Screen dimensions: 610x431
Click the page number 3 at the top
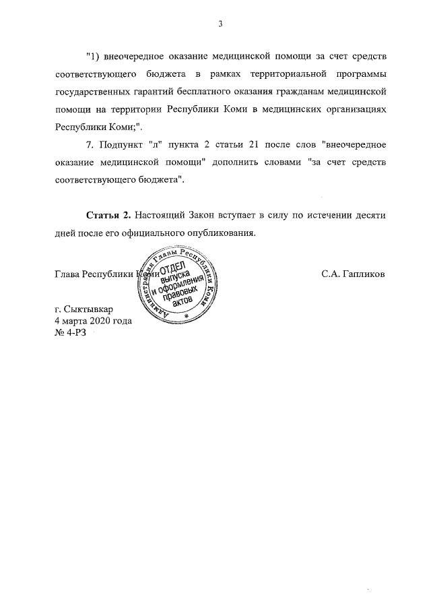coord(220,25)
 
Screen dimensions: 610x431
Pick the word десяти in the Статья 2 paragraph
coord(368,215)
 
